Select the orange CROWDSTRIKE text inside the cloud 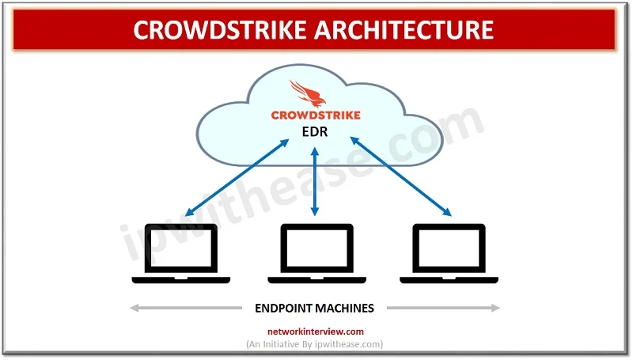click(x=315, y=115)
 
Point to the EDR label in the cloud click(x=315, y=132)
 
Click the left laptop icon click(x=181, y=253)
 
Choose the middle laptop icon click(x=315, y=253)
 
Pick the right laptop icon click(x=449, y=253)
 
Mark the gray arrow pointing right click(x=443, y=307)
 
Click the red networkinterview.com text click(x=315, y=332)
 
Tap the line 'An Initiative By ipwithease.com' click(x=315, y=344)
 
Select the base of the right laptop click(x=449, y=279)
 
